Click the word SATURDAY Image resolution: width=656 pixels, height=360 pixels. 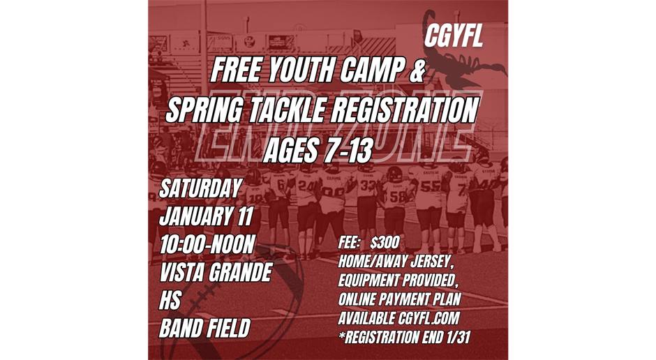tap(200, 188)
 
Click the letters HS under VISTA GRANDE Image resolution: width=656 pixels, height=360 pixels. tap(170, 300)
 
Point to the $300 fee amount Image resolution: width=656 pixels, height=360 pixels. tap(385, 243)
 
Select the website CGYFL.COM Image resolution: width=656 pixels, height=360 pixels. tap(428, 318)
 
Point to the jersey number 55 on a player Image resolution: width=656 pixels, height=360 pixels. tap(430, 186)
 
